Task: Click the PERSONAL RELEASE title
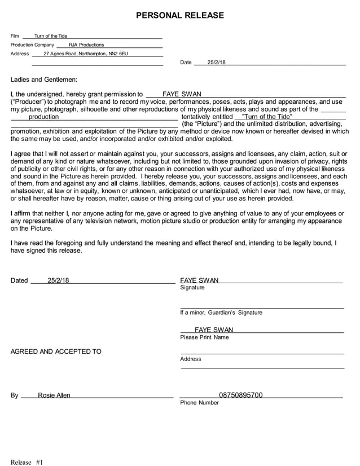coord(180,15)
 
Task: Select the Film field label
coord(15,36)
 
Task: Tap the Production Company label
coord(32,45)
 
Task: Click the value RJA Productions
coord(86,45)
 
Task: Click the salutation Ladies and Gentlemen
coord(44,80)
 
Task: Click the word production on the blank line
coord(43,117)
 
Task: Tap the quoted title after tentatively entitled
coord(266,117)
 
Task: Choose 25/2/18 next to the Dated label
coord(58,280)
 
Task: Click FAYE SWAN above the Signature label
coord(199,280)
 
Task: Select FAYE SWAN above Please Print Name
coord(213,330)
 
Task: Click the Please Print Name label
coord(204,337)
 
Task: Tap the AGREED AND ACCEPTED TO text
coord(56,351)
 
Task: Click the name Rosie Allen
coord(54,395)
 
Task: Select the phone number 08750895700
coord(240,395)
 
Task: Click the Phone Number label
coord(199,403)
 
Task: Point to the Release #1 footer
coord(27,462)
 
